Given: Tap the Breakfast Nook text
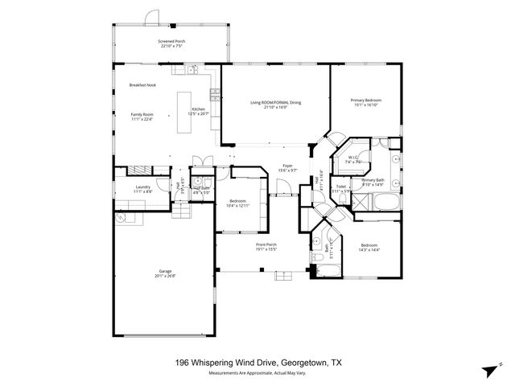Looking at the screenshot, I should pos(143,86).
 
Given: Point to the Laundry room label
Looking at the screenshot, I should pos(142,188).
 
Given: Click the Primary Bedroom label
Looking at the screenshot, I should pos(365,100).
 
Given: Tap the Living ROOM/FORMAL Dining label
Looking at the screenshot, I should pos(275,102).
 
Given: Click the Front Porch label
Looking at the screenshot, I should pos(266,244).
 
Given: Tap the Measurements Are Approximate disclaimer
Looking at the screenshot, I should pos(257,372).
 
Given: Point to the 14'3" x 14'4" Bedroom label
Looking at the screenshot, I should pos(369,246).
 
